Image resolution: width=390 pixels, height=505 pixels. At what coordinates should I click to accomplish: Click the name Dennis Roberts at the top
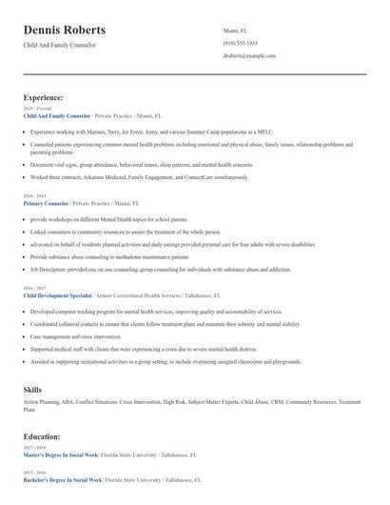(x=65, y=30)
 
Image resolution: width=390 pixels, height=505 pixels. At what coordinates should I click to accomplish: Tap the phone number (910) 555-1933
(x=241, y=43)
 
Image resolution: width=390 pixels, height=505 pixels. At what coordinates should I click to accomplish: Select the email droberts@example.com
(x=249, y=56)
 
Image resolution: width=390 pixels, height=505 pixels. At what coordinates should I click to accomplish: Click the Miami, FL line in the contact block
(x=235, y=30)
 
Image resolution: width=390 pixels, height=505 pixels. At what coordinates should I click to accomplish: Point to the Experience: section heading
(x=44, y=97)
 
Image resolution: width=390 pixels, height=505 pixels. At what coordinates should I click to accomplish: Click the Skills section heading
(x=32, y=389)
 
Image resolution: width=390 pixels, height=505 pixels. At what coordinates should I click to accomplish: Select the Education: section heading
(x=43, y=436)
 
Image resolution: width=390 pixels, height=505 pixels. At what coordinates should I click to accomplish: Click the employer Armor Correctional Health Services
(x=138, y=295)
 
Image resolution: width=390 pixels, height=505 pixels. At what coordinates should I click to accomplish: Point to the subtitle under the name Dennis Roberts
(x=60, y=45)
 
